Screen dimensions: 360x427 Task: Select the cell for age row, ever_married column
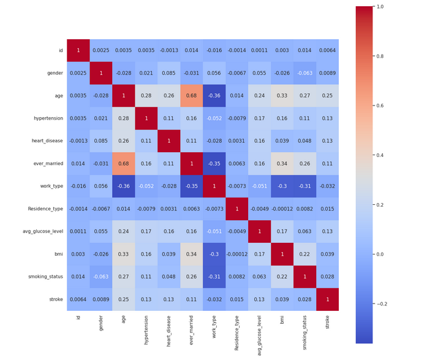coord(192,96)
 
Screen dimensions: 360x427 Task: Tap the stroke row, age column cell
coord(124,299)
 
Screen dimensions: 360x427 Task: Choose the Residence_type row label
coord(45,209)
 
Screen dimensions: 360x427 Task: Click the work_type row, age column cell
coord(124,186)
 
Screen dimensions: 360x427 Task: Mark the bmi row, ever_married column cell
coord(192,254)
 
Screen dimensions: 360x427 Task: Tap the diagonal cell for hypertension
coord(147,118)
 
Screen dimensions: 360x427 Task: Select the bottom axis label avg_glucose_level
coord(260,334)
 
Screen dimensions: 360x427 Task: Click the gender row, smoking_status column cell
coord(305,73)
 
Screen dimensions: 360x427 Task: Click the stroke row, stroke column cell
coord(328,299)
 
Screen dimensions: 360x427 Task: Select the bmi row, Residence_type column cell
coord(237,254)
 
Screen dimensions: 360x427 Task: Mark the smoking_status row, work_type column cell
coord(214,277)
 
